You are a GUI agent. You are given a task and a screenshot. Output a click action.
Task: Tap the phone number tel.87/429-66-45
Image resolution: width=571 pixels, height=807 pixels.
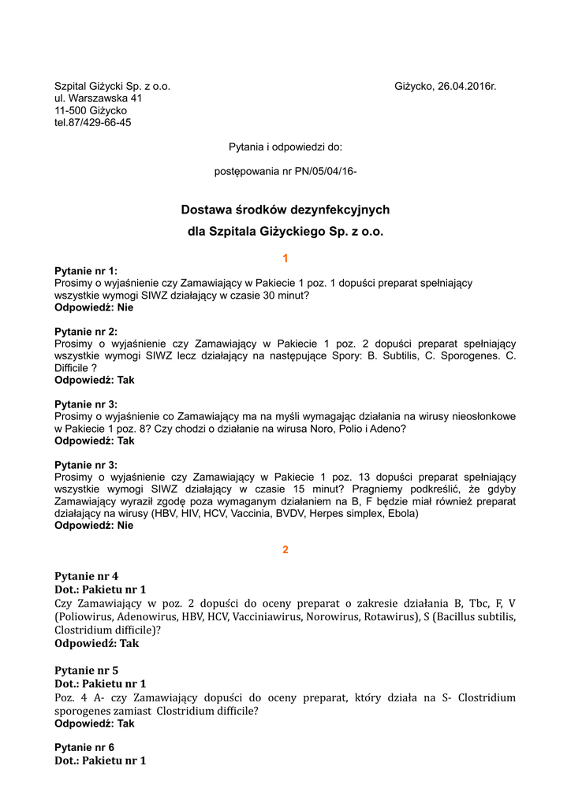tap(93, 123)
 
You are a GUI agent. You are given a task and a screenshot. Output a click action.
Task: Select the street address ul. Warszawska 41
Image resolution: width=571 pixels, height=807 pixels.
tap(99, 99)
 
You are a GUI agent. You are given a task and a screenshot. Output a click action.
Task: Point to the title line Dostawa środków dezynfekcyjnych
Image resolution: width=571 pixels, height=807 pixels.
tap(285, 210)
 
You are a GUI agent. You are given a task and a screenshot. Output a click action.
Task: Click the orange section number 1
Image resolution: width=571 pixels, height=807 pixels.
tap(285, 258)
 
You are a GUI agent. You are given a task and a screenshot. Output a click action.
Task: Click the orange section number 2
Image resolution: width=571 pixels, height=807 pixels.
tap(285, 549)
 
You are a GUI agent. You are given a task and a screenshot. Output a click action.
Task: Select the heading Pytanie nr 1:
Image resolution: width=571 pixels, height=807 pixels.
tap(86, 270)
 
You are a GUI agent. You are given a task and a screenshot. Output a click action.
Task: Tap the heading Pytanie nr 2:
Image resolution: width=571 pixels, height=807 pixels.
tap(86, 331)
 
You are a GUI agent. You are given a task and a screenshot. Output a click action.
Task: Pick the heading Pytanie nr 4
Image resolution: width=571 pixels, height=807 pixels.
tap(86, 576)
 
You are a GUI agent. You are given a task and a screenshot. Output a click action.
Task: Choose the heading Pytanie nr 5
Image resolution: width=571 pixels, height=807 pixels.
tap(86, 671)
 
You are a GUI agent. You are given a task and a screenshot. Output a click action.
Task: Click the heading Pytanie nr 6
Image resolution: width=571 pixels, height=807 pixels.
tap(84, 747)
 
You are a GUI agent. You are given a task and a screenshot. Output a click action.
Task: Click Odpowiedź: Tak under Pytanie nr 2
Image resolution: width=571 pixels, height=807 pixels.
tap(95, 380)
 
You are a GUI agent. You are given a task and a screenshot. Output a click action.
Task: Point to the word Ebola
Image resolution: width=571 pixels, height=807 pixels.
tap(381, 514)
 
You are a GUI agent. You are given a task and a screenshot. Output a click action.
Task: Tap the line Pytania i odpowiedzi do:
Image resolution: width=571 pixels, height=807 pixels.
tap(285, 147)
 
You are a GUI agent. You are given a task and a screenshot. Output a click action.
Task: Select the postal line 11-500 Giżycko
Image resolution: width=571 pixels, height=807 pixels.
tap(91, 110)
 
